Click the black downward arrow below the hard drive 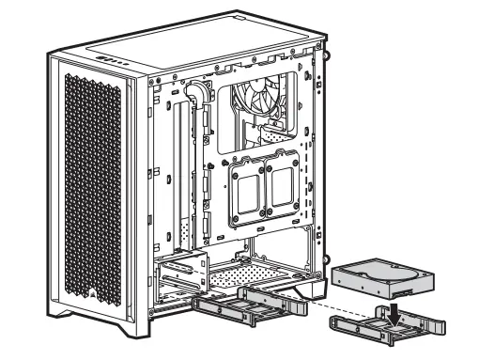click(399, 305)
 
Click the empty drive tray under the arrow click(388, 322)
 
